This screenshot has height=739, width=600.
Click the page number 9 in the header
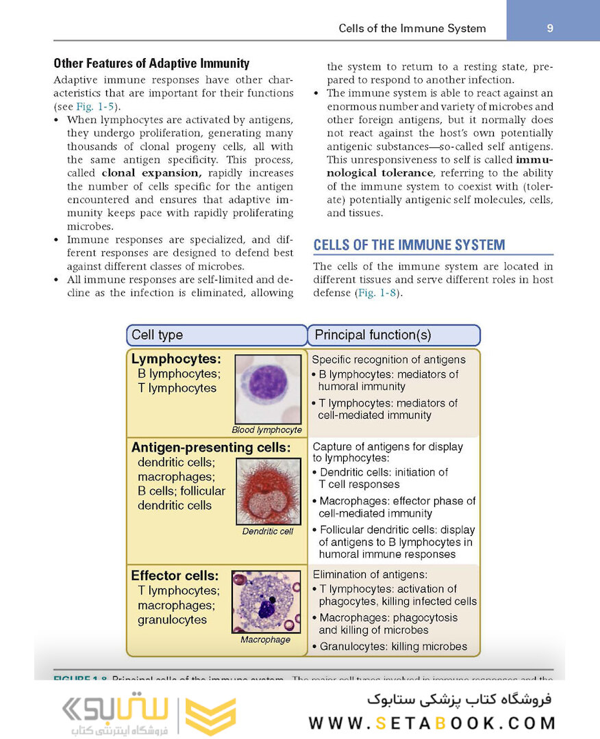point(550,28)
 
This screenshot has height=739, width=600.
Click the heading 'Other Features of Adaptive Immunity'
point(151,64)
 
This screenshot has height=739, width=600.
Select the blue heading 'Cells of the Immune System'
point(409,245)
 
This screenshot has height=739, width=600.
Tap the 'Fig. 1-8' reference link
point(376,293)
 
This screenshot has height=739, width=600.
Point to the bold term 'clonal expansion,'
point(151,173)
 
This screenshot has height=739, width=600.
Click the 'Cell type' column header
point(158,335)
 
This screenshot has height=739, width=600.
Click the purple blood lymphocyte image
point(268,388)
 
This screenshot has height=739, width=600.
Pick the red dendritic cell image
point(268,491)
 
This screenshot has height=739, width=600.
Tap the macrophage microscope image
point(266,601)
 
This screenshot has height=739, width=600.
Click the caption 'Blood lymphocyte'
point(266,430)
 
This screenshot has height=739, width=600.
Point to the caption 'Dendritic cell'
point(268,532)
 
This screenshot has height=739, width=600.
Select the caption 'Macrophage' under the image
point(265,640)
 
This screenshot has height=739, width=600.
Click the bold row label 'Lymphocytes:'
point(176,359)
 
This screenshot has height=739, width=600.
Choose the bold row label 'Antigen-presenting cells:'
point(211,448)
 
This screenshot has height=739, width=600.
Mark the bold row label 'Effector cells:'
point(175,576)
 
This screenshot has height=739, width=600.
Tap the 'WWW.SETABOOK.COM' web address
point(432,723)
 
